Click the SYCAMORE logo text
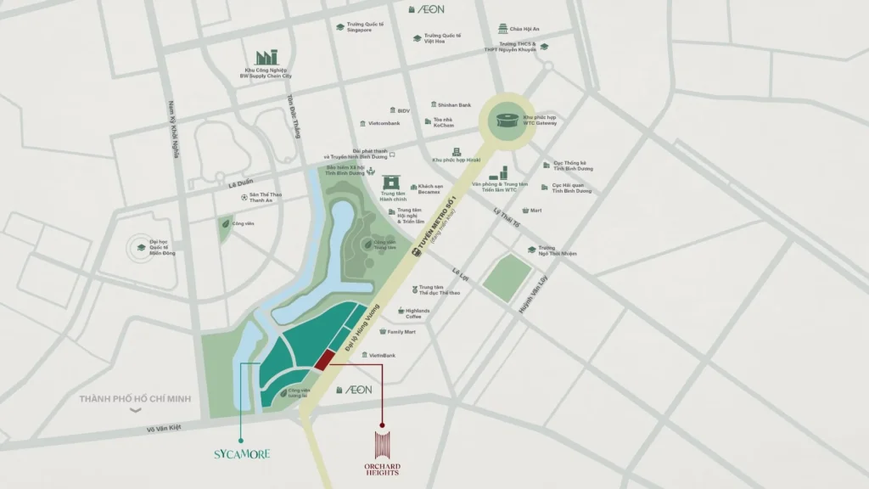pos(242,454)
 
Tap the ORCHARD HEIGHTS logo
pos(382,453)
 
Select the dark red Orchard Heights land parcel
pos(323,360)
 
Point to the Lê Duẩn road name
pos(241,183)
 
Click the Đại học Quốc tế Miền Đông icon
pos(141,248)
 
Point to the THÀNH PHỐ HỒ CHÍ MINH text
pos(135,399)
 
